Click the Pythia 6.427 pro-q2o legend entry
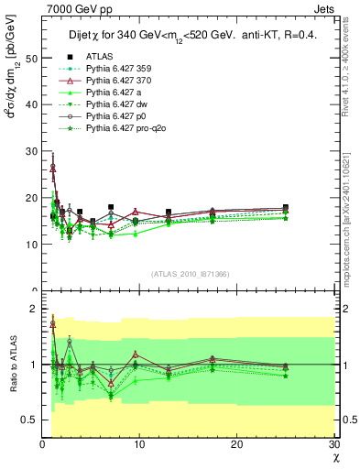(129, 128)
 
